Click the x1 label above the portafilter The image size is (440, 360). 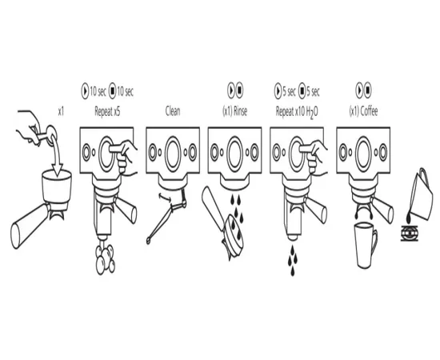point(61,112)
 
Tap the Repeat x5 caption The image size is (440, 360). point(107,111)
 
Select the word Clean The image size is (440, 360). point(173,111)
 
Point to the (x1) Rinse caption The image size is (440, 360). point(234,111)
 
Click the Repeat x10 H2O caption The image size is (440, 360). point(297,112)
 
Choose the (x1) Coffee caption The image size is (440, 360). point(363,111)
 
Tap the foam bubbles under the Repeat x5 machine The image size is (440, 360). point(106,258)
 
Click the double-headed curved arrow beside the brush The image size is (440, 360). point(165,198)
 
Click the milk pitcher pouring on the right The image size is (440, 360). point(421,194)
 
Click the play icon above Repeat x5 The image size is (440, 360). point(85,91)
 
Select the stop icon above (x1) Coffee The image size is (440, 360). point(368,90)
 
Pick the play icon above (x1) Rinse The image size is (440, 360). point(231,90)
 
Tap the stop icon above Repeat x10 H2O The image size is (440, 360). point(302,91)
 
